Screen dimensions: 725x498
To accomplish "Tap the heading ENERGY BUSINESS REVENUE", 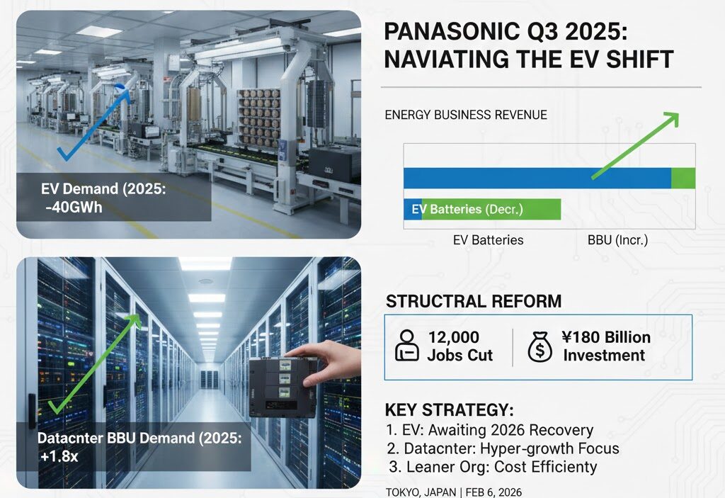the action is click(466, 115).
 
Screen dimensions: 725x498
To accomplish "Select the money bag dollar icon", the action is click(540, 346).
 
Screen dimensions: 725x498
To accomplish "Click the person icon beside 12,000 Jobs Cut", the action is click(407, 345).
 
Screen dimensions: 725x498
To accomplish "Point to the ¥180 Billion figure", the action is click(606, 337).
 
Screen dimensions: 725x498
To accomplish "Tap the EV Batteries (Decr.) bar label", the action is click(467, 210).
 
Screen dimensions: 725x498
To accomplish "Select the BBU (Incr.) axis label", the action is click(617, 240).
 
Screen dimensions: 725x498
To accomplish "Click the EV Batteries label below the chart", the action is click(489, 240).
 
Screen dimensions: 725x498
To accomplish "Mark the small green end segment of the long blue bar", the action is click(683, 179).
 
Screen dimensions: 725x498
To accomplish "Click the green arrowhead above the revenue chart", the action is click(671, 119).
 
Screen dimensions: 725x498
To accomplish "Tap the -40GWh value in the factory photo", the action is click(74, 208).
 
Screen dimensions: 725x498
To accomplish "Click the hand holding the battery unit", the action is click(329, 361).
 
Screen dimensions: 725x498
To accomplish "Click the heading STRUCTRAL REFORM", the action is click(474, 301).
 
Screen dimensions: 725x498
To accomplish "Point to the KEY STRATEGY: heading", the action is click(449, 410).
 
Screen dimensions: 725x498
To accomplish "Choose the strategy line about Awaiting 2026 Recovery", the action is click(490, 430).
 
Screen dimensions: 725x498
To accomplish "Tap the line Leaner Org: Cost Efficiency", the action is click(493, 467).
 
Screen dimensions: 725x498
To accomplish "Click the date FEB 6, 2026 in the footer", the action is click(493, 492).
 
